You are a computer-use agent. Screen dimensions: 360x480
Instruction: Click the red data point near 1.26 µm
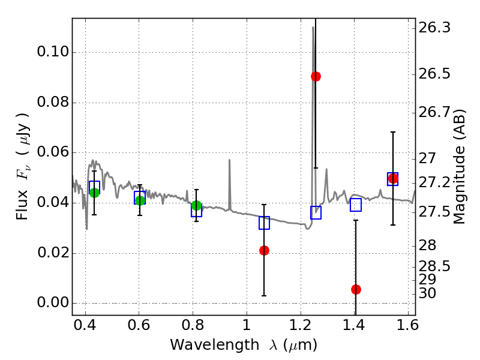[x=316, y=76]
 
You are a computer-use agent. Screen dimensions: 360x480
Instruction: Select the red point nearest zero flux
[x=356, y=289]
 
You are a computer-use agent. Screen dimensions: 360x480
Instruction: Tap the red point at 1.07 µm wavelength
[x=264, y=250]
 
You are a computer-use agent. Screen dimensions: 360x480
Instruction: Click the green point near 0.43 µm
[x=94, y=193]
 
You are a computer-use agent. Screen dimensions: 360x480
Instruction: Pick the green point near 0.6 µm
[x=140, y=200]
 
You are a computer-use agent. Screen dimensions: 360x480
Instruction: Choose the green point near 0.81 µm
[x=196, y=206]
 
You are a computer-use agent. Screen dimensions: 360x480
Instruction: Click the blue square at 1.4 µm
[x=356, y=205]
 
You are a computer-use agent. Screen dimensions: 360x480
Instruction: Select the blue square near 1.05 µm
[x=264, y=223]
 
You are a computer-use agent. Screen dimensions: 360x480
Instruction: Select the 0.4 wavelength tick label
[x=85, y=327]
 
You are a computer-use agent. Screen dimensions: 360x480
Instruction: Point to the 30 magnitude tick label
[x=431, y=293]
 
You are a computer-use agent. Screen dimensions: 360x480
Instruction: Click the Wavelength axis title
[x=243, y=345]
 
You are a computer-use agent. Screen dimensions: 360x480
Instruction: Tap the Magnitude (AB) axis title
[x=460, y=166]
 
